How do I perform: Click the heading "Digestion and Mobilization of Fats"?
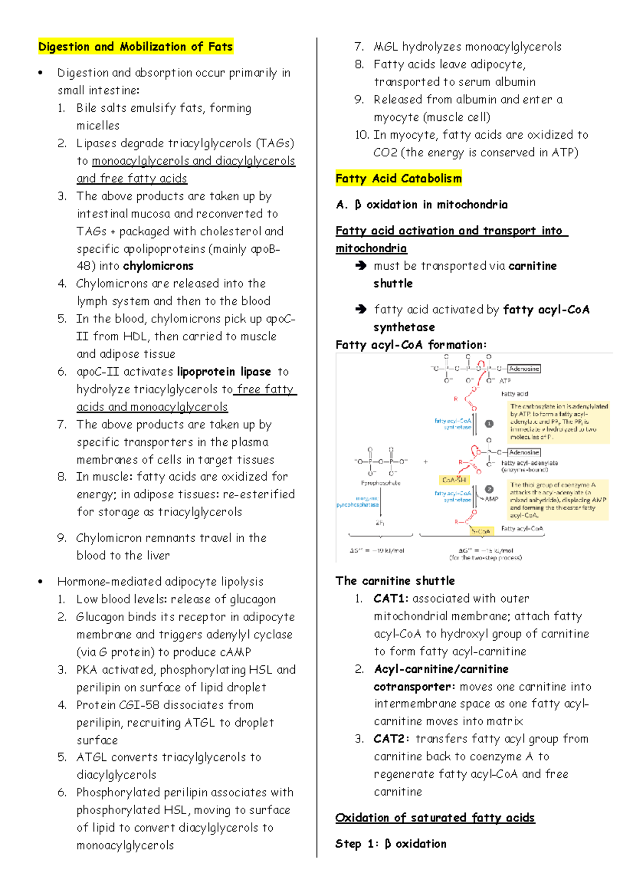coord(135,46)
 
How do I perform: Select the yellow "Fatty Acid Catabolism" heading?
coord(398,178)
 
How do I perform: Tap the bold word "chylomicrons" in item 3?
coord(158,266)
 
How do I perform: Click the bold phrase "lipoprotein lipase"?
coord(224,371)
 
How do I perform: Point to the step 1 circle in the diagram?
coord(489,424)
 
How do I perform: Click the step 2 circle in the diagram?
coord(489,489)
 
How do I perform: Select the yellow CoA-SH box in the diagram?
coord(454,480)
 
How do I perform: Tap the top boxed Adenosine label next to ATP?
coord(524,369)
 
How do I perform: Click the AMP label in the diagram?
coord(492,499)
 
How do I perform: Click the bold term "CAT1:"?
coord(391,598)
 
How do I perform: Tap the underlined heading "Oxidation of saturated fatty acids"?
coord(435,818)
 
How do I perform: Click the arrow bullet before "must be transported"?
coord(361,265)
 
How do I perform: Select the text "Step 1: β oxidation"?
coord(390,844)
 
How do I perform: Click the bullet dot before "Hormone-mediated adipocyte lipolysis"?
coord(41,582)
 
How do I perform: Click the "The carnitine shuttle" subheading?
coord(395,581)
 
